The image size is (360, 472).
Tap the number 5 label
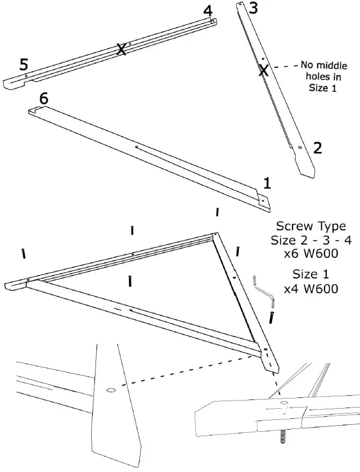tap(24, 65)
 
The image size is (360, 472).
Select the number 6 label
tap(43, 98)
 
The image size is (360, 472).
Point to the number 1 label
tap(267, 184)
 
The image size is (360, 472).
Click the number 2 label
tap(317, 148)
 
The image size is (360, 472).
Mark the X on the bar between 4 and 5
tap(122, 49)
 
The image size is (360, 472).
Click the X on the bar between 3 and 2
tap(263, 70)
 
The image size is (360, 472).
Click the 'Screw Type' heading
tap(311, 226)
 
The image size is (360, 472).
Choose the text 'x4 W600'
tap(311, 289)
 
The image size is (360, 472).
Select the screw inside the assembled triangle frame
tap(130, 280)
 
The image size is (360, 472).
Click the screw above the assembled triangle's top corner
tap(217, 212)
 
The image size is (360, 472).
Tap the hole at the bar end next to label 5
tap(25, 76)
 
